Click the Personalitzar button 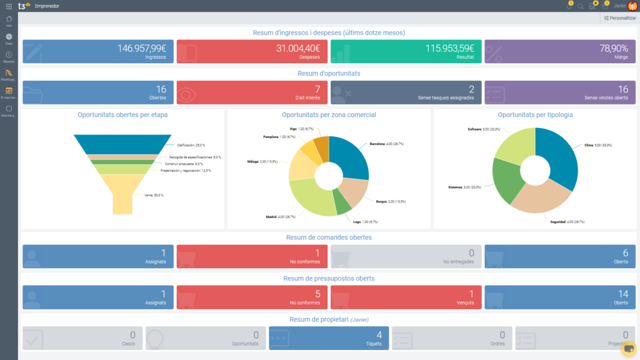[x=619, y=18]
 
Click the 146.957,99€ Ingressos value [x=141, y=48]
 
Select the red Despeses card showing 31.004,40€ [x=252, y=52]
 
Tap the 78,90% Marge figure [x=614, y=48]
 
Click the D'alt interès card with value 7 [x=252, y=92]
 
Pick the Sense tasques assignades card [x=406, y=92]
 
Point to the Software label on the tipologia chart [x=474, y=129]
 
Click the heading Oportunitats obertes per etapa [x=122, y=115]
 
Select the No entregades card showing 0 [x=406, y=256]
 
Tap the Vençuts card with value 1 [x=406, y=297]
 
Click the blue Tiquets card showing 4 [x=329, y=338]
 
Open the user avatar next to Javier [x=632, y=6]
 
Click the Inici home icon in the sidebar [x=9, y=21]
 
